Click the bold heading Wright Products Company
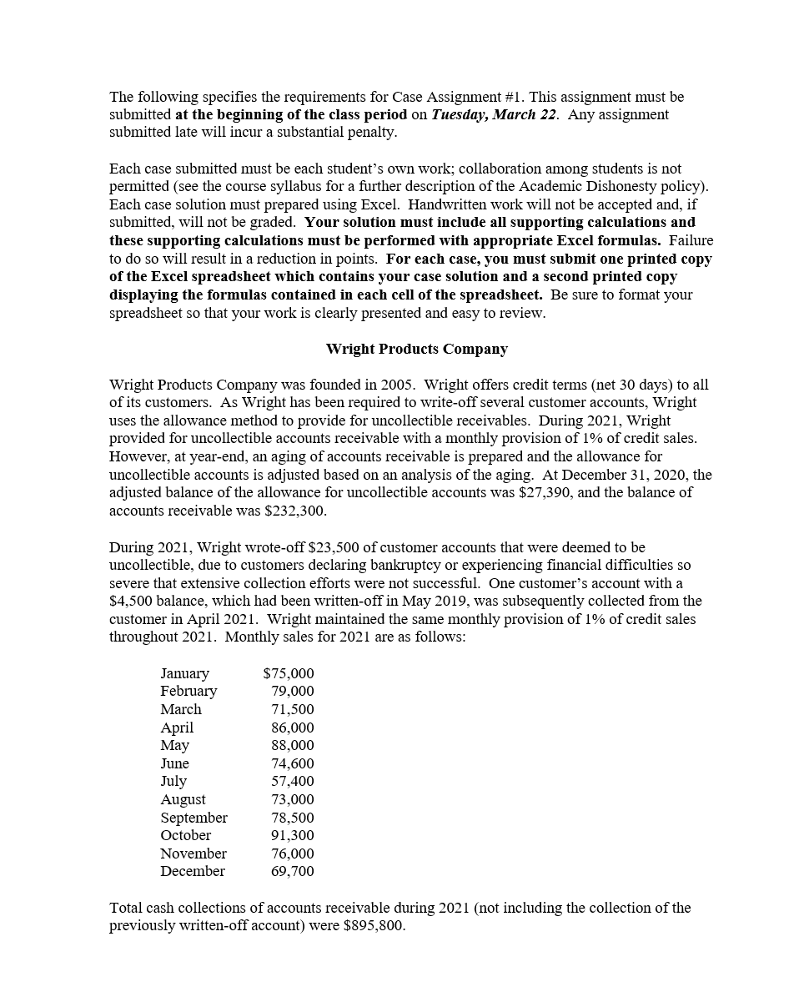pos(416,349)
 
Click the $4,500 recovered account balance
pos(131,601)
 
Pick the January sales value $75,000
pos(289,673)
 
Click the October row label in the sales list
pos(186,835)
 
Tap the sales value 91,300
pos(293,835)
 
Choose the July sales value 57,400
pos(293,781)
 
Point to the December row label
pos(193,871)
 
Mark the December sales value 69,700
pos(293,871)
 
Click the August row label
pos(183,799)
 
